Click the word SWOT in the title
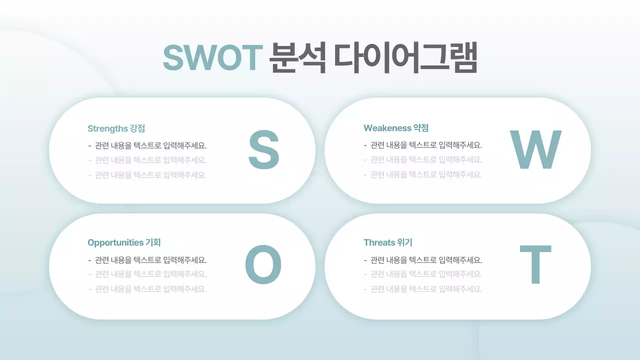(x=213, y=58)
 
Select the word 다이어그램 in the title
(x=405, y=58)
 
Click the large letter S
(x=263, y=149)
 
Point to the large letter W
(x=535, y=149)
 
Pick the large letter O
(x=263, y=265)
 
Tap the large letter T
(x=535, y=265)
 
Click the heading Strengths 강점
(x=116, y=128)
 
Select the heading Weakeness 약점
(x=396, y=128)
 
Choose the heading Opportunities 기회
(x=124, y=243)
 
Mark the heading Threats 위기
(x=388, y=243)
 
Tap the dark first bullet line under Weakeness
(x=423, y=146)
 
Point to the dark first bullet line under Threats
(x=423, y=260)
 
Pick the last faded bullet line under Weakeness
(x=423, y=175)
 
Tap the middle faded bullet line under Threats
(x=423, y=274)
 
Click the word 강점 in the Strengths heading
(x=137, y=128)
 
